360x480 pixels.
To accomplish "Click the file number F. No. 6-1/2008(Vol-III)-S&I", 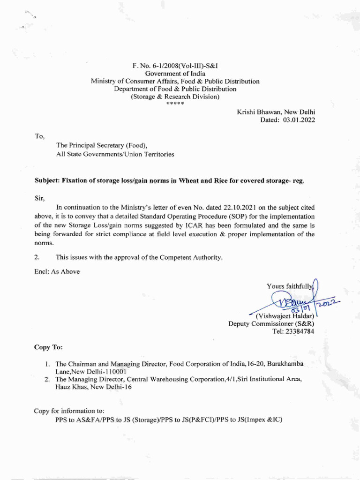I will pos(175,66).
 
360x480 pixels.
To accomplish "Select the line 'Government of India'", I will pos(175,74).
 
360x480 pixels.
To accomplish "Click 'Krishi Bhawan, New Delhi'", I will pos(276,112).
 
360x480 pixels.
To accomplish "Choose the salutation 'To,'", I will pos(39,136).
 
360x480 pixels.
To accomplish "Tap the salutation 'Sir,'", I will pos(39,199).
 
